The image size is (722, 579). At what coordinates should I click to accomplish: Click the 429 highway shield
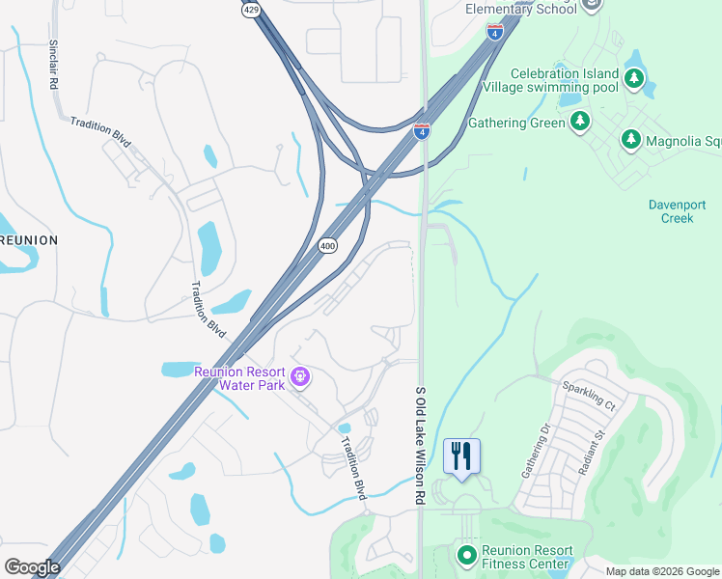[252, 10]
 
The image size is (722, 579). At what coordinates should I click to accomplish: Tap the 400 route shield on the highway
[328, 246]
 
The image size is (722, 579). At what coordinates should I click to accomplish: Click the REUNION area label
[28, 239]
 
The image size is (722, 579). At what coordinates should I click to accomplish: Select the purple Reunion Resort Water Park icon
[300, 375]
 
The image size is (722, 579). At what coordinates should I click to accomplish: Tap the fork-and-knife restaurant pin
[461, 455]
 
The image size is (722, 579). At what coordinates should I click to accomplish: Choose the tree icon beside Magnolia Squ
[630, 141]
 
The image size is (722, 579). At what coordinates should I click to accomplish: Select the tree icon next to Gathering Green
[580, 122]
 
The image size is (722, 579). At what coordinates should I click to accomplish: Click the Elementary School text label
[534, 9]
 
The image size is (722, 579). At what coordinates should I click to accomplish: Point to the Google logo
[32, 567]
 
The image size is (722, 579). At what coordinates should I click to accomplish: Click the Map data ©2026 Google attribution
[662, 571]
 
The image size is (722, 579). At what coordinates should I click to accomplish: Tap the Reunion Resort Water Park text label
[239, 378]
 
